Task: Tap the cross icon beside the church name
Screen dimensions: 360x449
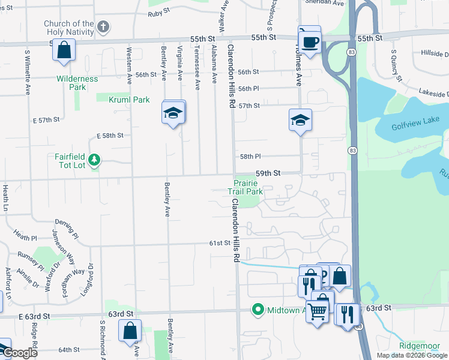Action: (104, 26)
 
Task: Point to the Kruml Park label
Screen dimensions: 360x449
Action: (129, 100)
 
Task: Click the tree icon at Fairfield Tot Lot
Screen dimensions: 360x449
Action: (94, 160)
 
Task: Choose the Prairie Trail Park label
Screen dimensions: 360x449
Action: (245, 187)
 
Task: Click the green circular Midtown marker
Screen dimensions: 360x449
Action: (258, 310)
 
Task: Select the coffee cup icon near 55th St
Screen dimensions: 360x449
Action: (310, 42)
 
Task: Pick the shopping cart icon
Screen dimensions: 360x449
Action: (318, 310)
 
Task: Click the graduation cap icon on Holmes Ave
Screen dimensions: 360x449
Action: (300, 120)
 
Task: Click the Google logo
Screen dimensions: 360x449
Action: (20, 353)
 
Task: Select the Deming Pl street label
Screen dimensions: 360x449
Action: (65, 227)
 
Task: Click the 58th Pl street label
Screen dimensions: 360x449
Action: (250, 156)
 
